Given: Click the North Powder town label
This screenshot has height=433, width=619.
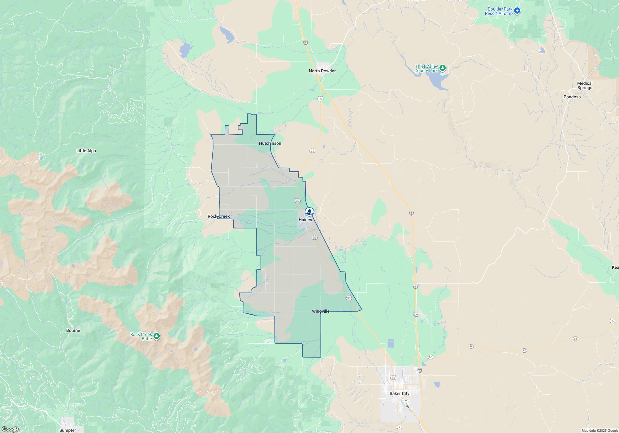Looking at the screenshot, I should pyautogui.click(x=322, y=71).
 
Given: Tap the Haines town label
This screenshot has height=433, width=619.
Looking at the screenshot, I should pyautogui.click(x=305, y=220).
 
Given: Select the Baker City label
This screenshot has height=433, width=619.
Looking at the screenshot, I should pyautogui.click(x=399, y=393).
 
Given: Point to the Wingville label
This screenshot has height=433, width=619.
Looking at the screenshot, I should pyautogui.click(x=321, y=311).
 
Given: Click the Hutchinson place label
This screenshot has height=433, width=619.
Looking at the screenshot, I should pyautogui.click(x=270, y=143).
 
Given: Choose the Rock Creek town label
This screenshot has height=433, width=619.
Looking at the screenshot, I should pyautogui.click(x=219, y=216).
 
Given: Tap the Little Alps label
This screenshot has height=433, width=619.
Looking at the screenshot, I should pyautogui.click(x=86, y=151).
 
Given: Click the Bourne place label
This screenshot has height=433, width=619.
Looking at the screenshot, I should pyautogui.click(x=73, y=330).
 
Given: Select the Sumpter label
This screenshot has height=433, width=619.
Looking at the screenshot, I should pyautogui.click(x=67, y=430).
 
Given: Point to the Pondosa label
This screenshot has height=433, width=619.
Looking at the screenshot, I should pyautogui.click(x=572, y=97).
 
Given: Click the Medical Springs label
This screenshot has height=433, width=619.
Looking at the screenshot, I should pyautogui.click(x=585, y=85).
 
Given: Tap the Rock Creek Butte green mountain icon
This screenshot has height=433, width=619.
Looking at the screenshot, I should pyautogui.click(x=157, y=336).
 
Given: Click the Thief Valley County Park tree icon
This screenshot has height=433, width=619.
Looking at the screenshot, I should pyautogui.click(x=443, y=67).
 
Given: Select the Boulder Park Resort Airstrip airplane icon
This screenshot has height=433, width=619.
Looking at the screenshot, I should pyautogui.click(x=517, y=11).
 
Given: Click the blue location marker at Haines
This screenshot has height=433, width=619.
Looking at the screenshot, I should pyautogui.click(x=309, y=212).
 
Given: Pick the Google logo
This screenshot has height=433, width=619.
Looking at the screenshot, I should pyautogui.click(x=10, y=429).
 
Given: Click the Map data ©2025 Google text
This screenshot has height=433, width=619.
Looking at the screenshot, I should pyautogui.click(x=600, y=431).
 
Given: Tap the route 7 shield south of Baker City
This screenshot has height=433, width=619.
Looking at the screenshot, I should pyautogui.click(x=400, y=427).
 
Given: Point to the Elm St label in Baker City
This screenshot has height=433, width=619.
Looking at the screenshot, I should pyautogui.click(x=407, y=404).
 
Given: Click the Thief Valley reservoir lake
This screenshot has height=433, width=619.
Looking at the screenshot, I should pyautogui.click(x=438, y=81).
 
